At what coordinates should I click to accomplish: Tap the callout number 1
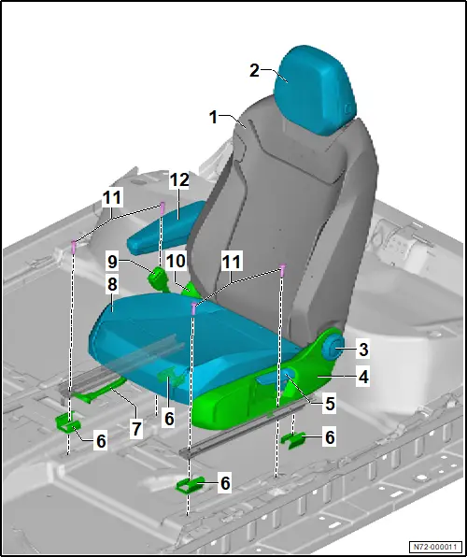[213, 117]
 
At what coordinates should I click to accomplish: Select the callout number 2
[254, 70]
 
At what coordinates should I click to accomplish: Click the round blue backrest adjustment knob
[333, 350]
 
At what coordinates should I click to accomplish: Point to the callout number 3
[363, 350]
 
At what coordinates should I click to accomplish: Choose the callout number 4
[363, 378]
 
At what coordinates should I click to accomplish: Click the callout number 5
[331, 404]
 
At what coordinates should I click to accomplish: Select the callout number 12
[179, 180]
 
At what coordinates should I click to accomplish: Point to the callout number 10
[177, 262]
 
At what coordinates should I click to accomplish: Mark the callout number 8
[112, 285]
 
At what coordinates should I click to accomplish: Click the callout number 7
[135, 429]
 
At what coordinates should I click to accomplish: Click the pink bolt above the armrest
[163, 207]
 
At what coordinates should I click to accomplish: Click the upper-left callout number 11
[112, 197]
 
